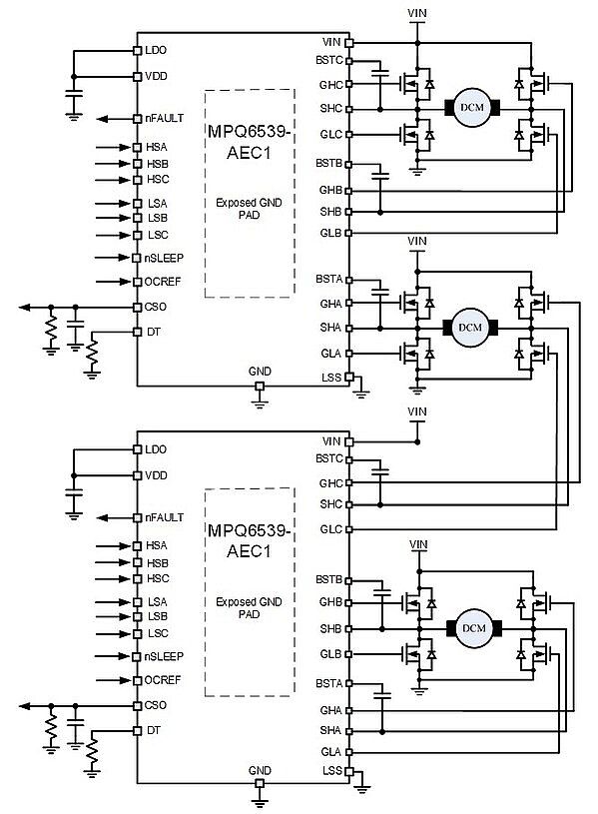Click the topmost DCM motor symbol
[x=472, y=108]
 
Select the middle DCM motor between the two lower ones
[x=470, y=328]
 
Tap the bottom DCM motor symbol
[x=473, y=628]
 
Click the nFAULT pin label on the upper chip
[x=164, y=119]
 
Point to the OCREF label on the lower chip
[x=163, y=680]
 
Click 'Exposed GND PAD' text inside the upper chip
[x=250, y=208]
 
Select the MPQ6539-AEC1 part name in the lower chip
[x=250, y=540]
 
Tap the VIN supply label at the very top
[x=417, y=13]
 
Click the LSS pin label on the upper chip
[x=331, y=378]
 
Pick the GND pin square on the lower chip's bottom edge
[x=260, y=783]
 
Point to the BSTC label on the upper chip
[x=329, y=60]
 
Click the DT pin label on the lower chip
[x=154, y=730]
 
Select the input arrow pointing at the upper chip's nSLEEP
[x=113, y=258]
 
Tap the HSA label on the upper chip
[x=157, y=148]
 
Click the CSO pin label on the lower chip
[x=155, y=705]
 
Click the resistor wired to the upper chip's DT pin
[x=92, y=352]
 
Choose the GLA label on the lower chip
[x=330, y=752]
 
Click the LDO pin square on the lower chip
[x=137, y=449]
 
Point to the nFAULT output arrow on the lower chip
[x=115, y=517]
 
